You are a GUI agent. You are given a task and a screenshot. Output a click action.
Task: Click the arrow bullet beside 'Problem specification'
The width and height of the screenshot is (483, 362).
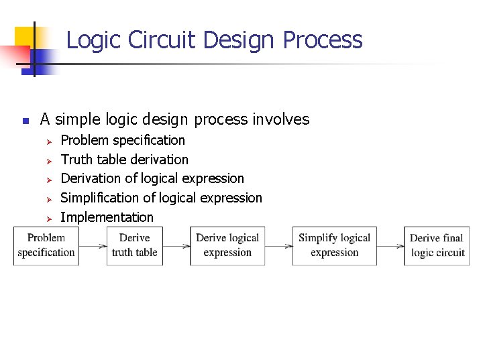tap(48, 141)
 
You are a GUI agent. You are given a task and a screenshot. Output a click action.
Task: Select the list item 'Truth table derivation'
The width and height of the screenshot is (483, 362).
tap(124, 160)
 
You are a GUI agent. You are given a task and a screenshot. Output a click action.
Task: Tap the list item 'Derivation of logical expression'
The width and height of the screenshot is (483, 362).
tap(152, 178)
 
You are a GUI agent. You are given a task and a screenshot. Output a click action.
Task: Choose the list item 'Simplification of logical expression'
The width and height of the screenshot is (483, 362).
tap(161, 198)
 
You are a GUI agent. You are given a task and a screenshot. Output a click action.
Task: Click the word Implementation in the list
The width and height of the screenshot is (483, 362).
tap(107, 217)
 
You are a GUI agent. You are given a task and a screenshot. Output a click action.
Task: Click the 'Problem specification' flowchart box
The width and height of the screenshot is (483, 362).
tap(46, 245)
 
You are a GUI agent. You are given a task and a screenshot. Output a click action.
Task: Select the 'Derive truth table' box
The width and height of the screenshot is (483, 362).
tap(134, 245)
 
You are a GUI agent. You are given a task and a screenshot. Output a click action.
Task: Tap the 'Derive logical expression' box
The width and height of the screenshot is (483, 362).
tap(227, 245)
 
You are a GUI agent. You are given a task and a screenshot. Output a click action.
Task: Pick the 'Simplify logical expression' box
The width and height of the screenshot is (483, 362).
tap(334, 245)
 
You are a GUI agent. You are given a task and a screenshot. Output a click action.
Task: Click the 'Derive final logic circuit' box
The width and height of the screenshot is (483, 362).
tap(437, 245)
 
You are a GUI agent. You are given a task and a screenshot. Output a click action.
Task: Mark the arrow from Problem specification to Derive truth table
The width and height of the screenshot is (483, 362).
tap(93, 246)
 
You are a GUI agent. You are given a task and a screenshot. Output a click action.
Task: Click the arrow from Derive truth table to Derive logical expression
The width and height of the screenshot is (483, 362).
tap(176, 246)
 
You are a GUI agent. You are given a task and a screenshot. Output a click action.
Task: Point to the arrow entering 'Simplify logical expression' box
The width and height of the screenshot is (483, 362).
tap(278, 246)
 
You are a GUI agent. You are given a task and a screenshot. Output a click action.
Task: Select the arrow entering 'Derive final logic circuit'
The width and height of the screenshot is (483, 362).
tap(390, 246)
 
